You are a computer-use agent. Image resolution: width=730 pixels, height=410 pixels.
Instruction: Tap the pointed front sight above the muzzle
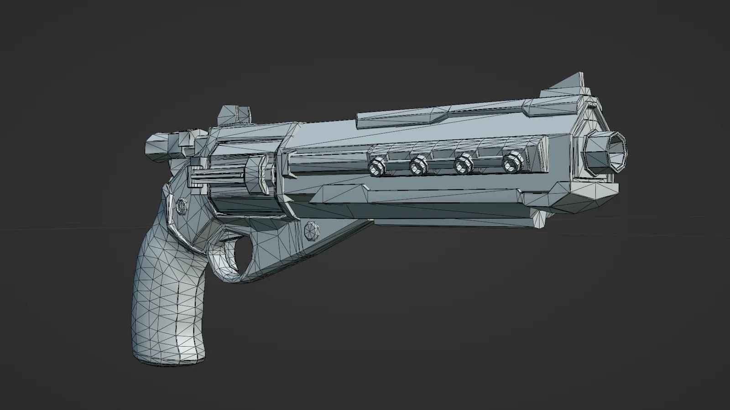568,87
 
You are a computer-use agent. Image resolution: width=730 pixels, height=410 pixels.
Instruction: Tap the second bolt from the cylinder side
418,165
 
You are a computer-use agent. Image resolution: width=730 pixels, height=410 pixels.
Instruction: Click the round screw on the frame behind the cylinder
182,206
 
